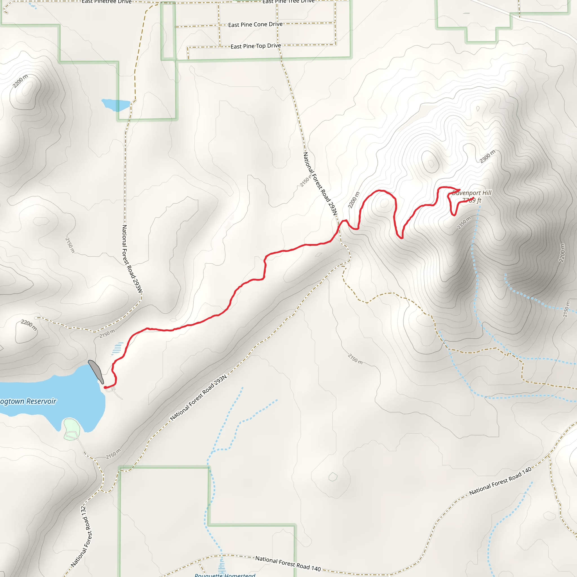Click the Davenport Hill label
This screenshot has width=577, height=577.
(x=472, y=193)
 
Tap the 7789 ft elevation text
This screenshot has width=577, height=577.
(x=472, y=200)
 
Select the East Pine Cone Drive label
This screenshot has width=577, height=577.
(x=255, y=25)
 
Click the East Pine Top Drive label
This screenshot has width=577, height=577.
(x=256, y=46)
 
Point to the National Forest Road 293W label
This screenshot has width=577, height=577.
(x=132, y=259)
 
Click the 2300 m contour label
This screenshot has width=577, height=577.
(x=487, y=156)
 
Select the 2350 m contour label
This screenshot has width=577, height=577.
(x=464, y=223)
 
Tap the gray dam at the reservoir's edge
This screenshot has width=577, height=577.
(x=96, y=371)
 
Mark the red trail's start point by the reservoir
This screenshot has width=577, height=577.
(x=105, y=387)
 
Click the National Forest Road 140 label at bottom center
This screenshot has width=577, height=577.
(x=288, y=563)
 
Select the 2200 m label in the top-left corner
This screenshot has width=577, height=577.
(x=20, y=81)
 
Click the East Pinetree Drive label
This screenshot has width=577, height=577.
(x=106, y=2)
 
